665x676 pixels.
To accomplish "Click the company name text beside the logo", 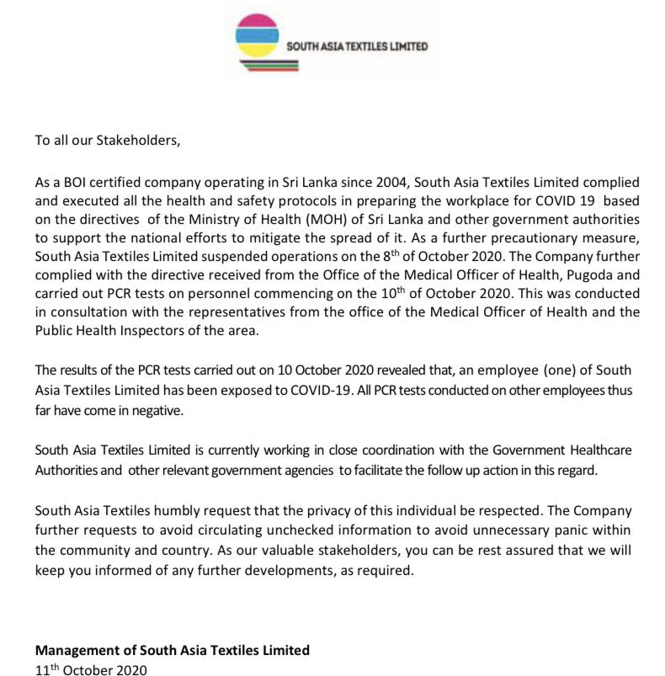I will pyautogui.click(x=357, y=46).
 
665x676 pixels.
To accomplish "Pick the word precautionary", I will pyautogui.click(x=540, y=233).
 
